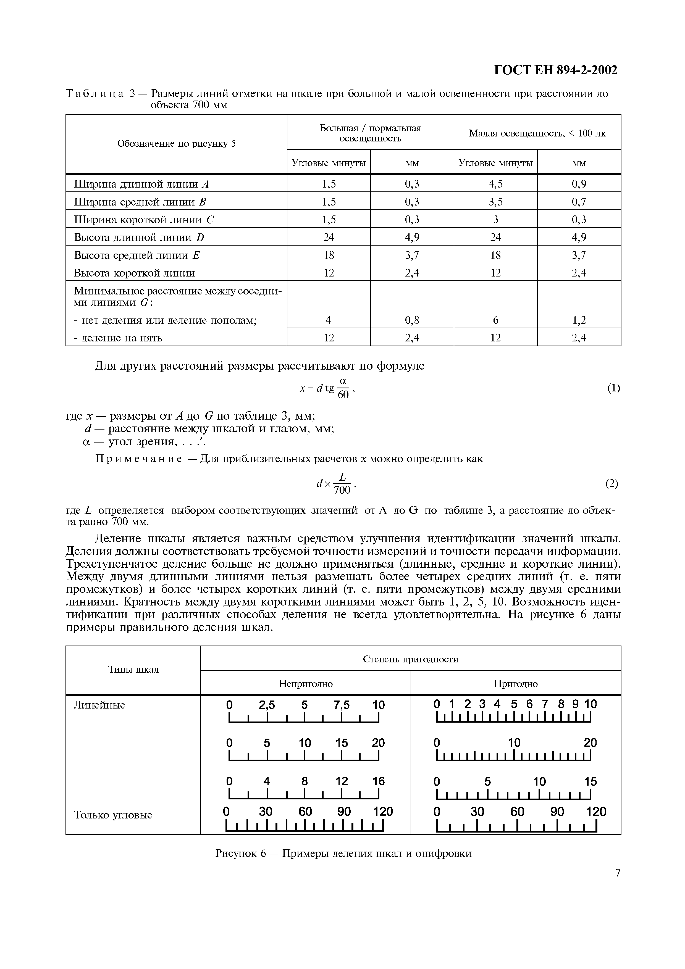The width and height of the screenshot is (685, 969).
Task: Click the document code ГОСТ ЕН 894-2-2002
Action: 555,70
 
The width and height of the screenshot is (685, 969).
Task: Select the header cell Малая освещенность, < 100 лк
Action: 537,133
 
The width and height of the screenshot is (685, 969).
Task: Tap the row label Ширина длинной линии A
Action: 141,184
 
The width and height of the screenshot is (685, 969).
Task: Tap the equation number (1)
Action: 613,388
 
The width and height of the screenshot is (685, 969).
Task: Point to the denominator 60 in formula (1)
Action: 343,395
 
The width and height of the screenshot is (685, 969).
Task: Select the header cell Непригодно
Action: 306,683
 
